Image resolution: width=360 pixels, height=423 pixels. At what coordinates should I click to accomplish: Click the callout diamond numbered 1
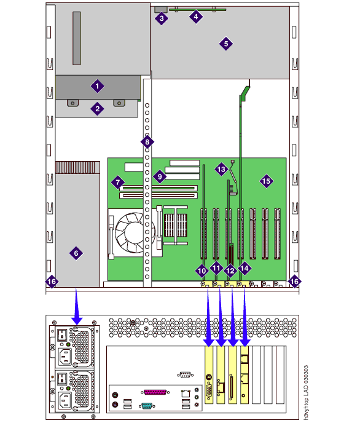point(97,86)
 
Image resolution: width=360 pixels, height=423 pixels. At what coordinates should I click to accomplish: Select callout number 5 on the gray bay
point(226,44)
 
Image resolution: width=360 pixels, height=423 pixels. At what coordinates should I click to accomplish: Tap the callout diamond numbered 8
point(147,142)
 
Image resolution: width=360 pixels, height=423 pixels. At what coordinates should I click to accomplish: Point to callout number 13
point(221,170)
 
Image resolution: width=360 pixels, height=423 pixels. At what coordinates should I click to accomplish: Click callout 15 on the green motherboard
point(266,181)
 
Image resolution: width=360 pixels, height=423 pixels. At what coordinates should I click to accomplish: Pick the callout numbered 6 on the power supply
point(76,253)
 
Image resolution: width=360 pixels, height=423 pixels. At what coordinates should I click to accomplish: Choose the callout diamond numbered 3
point(162,18)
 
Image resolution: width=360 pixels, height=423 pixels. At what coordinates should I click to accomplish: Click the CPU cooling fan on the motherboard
point(133,232)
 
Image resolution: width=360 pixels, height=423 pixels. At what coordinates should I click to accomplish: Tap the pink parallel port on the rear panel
point(155,392)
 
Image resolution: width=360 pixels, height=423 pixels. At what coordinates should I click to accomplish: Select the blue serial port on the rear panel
point(147,406)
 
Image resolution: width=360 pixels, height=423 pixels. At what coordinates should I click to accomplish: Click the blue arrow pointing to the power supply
point(77,306)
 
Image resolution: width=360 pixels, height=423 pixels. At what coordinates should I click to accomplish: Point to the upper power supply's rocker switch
point(62,334)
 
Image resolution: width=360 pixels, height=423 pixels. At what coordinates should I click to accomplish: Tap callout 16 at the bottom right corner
point(294,282)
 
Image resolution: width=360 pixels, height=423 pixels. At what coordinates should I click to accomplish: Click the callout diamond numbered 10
point(202,271)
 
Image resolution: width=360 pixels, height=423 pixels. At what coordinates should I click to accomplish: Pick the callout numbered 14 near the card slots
point(245,268)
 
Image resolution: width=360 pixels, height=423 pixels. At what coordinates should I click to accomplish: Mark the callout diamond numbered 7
point(118,183)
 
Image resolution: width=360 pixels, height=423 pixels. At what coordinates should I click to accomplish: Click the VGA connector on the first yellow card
point(209,391)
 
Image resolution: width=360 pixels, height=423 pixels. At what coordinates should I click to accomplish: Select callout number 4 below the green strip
point(196,17)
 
